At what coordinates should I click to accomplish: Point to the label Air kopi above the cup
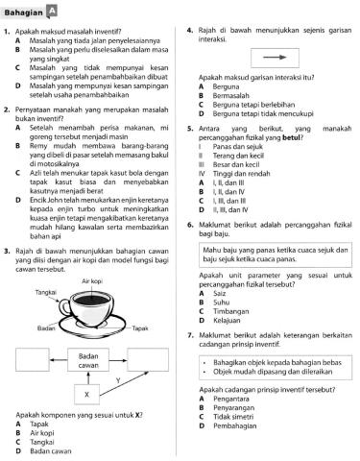(x=94, y=255)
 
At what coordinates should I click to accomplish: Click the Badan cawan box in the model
(x=87, y=361)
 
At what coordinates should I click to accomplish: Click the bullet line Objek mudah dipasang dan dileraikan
(x=271, y=395)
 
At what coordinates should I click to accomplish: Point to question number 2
(x=7, y=111)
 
